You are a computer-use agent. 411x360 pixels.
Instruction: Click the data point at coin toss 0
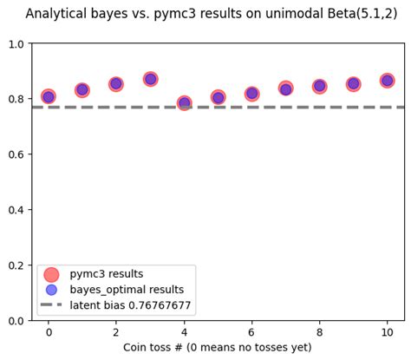click(49, 96)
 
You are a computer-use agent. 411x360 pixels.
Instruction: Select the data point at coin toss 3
click(150, 79)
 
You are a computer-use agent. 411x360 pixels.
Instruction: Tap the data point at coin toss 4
click(184, 103)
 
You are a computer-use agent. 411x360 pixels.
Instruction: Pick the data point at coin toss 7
click(285, 88)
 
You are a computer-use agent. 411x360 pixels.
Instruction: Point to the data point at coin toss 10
click(387, 80)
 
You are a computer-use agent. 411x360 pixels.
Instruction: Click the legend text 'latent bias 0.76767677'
click(130, 305)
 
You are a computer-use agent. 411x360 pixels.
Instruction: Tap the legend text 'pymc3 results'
click(107, 273)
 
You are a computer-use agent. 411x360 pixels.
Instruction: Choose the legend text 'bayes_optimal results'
click(127, 289)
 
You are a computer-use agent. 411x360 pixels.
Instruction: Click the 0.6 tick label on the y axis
click(17, 154)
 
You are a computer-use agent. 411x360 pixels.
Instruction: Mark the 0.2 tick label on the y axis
click(17, 265)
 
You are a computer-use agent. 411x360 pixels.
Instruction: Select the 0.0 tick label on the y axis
click(17, 321)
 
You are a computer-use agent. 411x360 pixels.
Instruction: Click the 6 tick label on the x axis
click(251, 332)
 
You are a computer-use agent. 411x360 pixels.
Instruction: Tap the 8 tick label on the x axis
click(319, 332)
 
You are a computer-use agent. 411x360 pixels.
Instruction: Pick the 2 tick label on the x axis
click(116, 332)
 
